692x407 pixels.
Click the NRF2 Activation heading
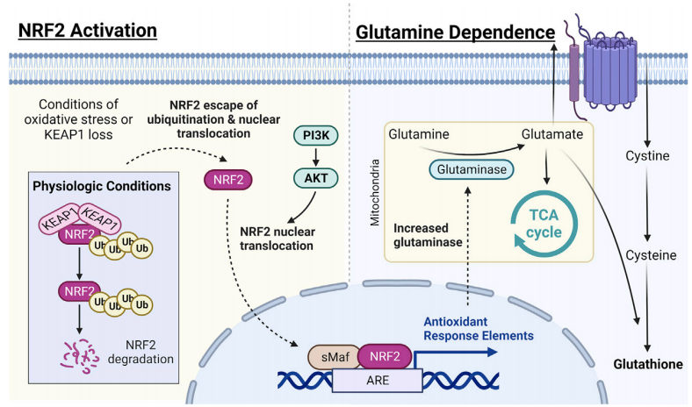(x=87, y=31)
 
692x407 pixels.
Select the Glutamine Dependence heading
(x=455, y=32)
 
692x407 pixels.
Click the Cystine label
(x=647, y=156)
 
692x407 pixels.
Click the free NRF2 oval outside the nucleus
(x=226, y=180)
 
